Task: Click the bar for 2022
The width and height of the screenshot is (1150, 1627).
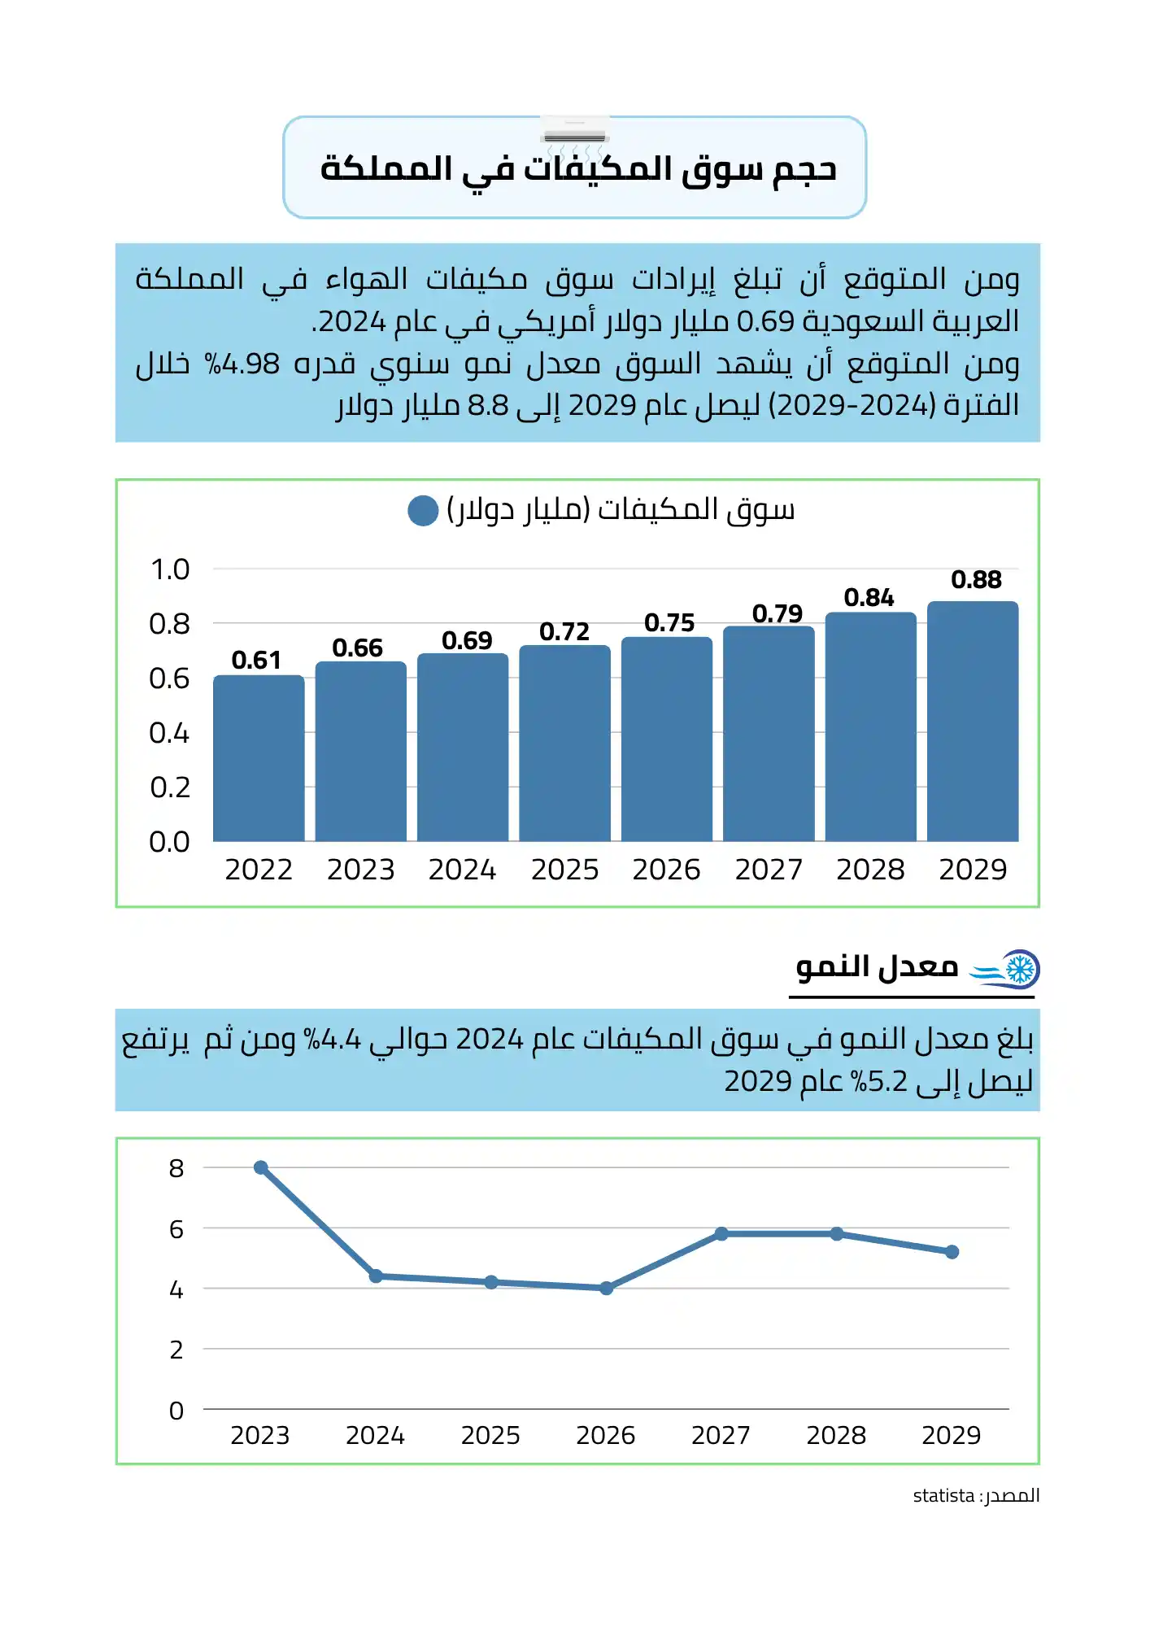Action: [x=259, y=758]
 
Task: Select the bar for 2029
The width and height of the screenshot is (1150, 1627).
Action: [x=973, y=722]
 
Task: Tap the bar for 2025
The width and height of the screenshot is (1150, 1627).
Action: [x=564, y=744]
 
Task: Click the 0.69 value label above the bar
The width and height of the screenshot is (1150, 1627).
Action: [x=467, y=640]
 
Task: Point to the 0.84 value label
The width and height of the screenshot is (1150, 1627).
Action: [x=869, y=598]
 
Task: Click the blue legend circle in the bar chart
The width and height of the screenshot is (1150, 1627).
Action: [x=423, y=511]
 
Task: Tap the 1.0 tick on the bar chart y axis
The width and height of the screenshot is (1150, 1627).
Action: [x=170, y=569]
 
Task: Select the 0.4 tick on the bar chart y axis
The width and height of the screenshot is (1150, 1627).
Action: [x=169, y=733]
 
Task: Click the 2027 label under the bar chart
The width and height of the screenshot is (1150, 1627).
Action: [x=769, y=870]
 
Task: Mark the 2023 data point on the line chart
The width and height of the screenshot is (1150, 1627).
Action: [x=261, y=1167]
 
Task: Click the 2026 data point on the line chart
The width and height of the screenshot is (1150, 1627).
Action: [x=606, y=1288]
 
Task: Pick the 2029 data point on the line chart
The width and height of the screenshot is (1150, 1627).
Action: [x=952, y=1252]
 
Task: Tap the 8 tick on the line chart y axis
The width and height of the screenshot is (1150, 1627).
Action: [x=176, y=1168]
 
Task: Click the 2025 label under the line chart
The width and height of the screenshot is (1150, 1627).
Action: [x=490, y=1435]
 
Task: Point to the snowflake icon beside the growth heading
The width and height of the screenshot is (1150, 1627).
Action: [x=1020, y=969]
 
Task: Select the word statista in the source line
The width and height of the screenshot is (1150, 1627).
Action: [x=943, y=1495]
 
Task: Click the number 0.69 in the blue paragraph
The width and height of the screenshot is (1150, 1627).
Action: [x=765, y=321]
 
